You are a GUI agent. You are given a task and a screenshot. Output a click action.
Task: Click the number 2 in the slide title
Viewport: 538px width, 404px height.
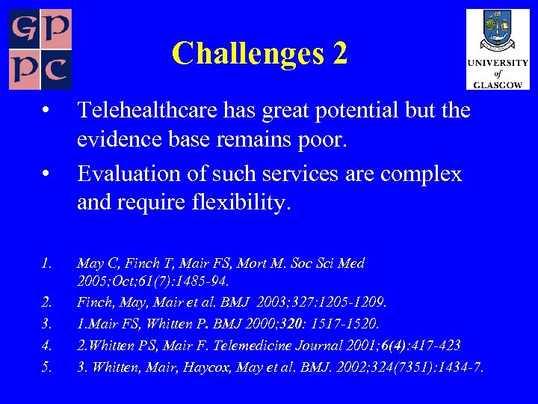pos(340,53)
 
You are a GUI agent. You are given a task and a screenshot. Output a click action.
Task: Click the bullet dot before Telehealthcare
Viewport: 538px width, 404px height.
pos(46,111)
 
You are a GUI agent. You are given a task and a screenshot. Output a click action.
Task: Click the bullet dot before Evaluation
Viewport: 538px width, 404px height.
pos(46,174)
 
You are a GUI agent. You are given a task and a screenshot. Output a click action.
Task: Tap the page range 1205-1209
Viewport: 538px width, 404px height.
pos(356,303)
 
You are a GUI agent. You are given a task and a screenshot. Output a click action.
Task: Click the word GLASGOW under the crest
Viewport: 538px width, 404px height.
pos(497,85)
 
